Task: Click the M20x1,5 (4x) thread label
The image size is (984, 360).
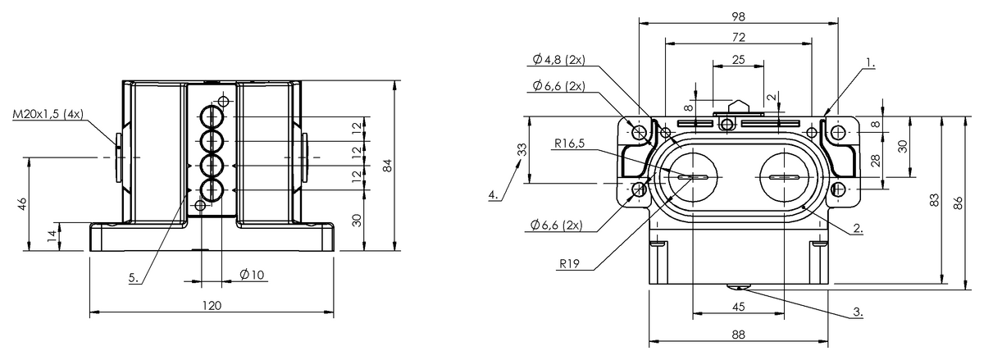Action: click(48, 114)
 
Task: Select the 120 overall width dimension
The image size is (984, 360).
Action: click(212, 306)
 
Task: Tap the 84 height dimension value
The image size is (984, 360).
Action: click(387, 166)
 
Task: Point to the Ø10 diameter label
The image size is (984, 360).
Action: click(253, 275)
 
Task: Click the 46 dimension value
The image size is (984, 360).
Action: click(22, 204)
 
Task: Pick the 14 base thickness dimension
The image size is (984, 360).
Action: click(52, 236)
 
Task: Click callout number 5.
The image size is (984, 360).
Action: click(134, 278)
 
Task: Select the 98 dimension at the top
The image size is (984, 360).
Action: click(739, 16)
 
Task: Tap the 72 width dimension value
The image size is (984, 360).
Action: click(739, 38)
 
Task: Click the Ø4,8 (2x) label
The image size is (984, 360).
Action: click(558, 59)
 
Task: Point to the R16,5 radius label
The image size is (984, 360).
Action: click(569, 144)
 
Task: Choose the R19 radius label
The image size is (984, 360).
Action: click(570, 264)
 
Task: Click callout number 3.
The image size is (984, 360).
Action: click(858, 312)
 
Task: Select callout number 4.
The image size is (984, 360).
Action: click(494, 194)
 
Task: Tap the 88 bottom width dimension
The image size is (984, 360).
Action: click(739, 335)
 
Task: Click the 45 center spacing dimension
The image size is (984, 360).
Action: click(739, 307)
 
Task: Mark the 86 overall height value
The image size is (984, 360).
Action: click(958, 203)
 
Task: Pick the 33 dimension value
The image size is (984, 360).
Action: click(522, 150)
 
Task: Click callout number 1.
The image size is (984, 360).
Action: click(870, 63)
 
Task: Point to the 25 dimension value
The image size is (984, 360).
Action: click(739, 59)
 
